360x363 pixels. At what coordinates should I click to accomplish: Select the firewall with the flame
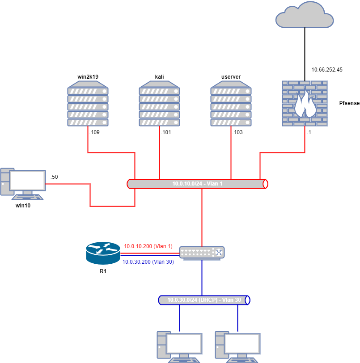(x=305, y=103)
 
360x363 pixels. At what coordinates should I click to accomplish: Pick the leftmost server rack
(x=88, y=104)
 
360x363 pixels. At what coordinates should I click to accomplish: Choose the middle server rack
(x=159, y=104)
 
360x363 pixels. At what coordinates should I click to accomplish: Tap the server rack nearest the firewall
(x=231, y=104)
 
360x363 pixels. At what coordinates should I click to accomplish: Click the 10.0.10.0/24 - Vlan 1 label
(x=197, y=184)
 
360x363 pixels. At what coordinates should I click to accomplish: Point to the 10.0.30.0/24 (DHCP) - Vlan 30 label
(x=204, y=300)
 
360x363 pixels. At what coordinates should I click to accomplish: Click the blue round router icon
(x=103, y=253)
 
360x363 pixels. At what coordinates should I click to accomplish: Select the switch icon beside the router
(x=202, y=253)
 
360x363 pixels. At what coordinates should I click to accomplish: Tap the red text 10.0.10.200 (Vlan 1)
(x=148, y=246)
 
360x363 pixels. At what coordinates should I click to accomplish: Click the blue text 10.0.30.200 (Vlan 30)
(x=148, y=262)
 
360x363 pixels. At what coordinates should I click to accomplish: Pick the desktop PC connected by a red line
(x=23, y=184)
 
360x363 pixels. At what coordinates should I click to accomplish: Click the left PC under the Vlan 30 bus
(x=179, y=346)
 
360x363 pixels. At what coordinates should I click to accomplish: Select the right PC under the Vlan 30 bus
(x=237, y=346)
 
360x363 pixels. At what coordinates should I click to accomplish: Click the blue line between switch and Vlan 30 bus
(x=202, y=277)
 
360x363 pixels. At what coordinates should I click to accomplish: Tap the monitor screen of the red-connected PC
(x=28, y=180)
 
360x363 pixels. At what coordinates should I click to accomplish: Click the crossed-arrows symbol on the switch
(x=219, y=253)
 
